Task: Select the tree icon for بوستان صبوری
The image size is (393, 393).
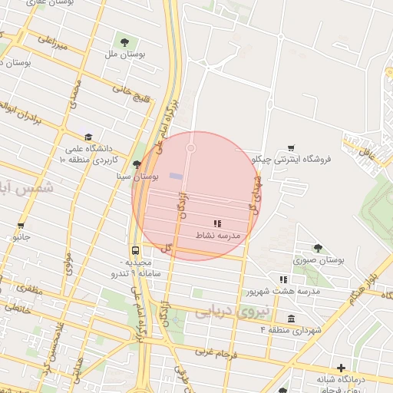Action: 318,247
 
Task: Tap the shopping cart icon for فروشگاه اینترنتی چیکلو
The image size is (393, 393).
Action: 291,148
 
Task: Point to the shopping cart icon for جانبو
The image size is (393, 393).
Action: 21,226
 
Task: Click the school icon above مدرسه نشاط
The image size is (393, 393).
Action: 218,223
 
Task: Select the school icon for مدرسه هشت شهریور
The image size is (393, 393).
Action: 282,279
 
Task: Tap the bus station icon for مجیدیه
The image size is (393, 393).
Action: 136,250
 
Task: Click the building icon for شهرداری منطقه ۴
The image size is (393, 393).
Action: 290,319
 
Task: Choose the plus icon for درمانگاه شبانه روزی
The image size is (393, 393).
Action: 341,368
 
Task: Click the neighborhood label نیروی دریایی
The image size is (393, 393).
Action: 231,311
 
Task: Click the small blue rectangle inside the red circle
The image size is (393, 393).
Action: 176,177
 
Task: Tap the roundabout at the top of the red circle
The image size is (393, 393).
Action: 190,147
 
